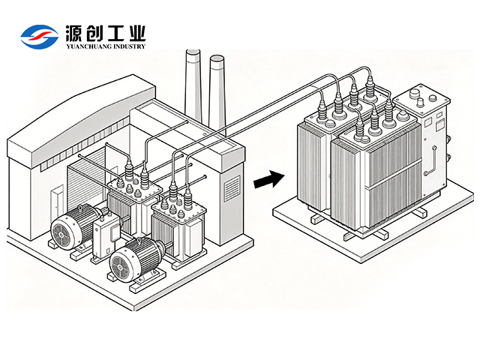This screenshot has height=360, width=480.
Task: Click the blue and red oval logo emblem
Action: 40,37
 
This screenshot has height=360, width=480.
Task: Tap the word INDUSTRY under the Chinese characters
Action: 130,46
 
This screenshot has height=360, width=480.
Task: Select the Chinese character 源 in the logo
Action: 73,33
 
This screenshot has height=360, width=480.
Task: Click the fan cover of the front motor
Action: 121,265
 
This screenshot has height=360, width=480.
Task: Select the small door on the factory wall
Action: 57,203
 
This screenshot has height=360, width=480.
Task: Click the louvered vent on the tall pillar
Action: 232,187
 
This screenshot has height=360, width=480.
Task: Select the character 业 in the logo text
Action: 136,33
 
